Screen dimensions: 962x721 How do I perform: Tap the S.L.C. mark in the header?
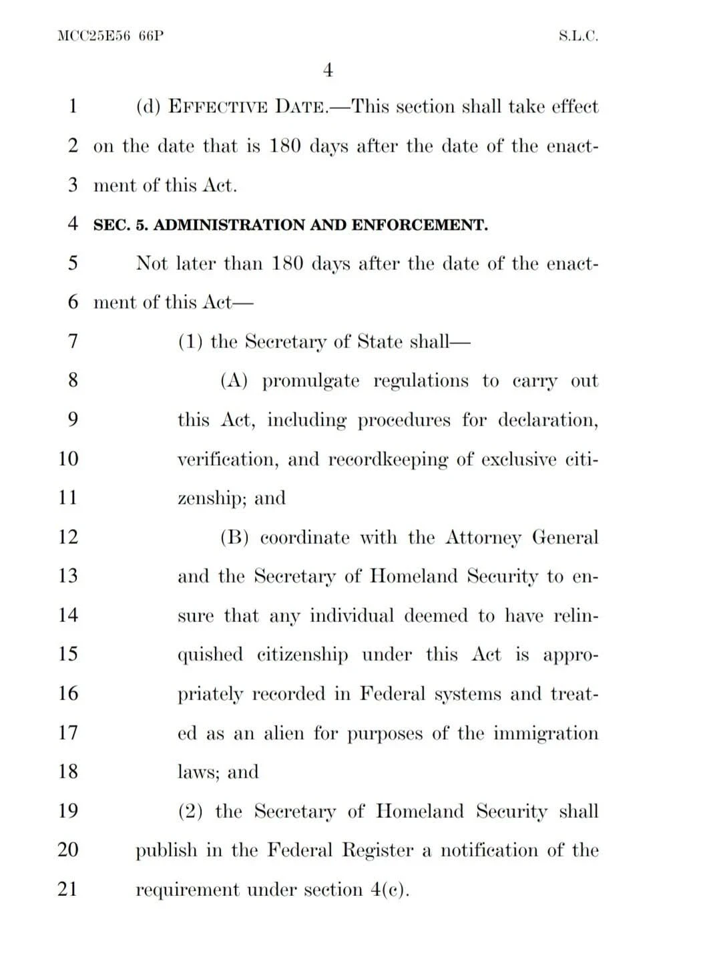(x=578, y=36)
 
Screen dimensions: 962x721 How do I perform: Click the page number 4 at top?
(x=328, y=70)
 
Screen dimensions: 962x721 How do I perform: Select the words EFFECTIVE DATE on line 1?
(x=246, y=107)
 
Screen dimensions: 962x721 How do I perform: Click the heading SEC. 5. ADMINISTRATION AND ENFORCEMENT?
(x=290, y=225)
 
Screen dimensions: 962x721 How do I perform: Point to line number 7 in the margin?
(x=73, y=341)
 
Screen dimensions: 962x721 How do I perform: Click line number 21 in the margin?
(x=68, y=889)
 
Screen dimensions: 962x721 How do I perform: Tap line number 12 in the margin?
(x=68, y=537)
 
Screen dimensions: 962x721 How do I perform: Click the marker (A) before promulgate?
(x=234, y=381)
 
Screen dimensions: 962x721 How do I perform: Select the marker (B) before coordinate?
(x=234, y=538)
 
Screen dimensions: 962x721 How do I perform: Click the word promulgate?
(x=310, y=381)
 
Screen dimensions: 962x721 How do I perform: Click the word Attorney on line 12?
(x=483, y=538)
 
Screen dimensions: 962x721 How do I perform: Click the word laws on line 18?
(x=197, y=772)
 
